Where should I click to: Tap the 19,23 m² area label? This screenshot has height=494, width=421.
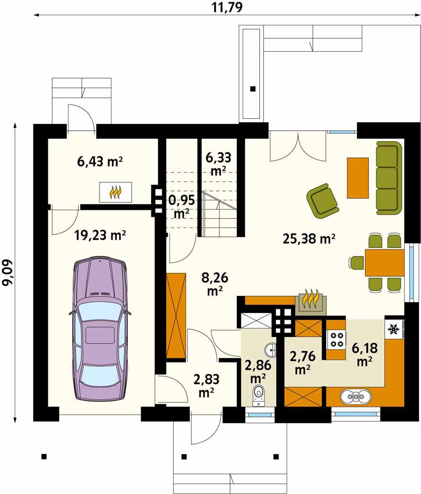tap(100, 235)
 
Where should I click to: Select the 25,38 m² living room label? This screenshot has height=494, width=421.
tap(309, 238)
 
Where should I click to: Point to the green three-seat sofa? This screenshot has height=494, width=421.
tap(389, 178)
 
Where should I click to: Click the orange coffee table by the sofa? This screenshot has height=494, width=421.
tap(358, 178)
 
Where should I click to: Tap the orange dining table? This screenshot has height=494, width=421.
tap(384, 263)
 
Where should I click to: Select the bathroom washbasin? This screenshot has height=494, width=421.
tap(270, 349)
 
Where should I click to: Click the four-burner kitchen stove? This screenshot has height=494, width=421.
tap(336, 339)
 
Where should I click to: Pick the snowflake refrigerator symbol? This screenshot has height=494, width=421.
tap(393, 329)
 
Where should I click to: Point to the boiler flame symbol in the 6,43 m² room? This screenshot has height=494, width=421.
tap(115, 192)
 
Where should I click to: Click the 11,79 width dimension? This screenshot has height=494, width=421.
tap(227, 7)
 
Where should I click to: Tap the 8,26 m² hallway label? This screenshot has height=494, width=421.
tap(215, 284)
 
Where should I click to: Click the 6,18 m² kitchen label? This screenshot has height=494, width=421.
tap(365, 354)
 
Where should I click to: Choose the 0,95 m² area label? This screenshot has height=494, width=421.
tap(182, 206)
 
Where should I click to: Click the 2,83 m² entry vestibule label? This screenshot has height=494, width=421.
tap(206, 386)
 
